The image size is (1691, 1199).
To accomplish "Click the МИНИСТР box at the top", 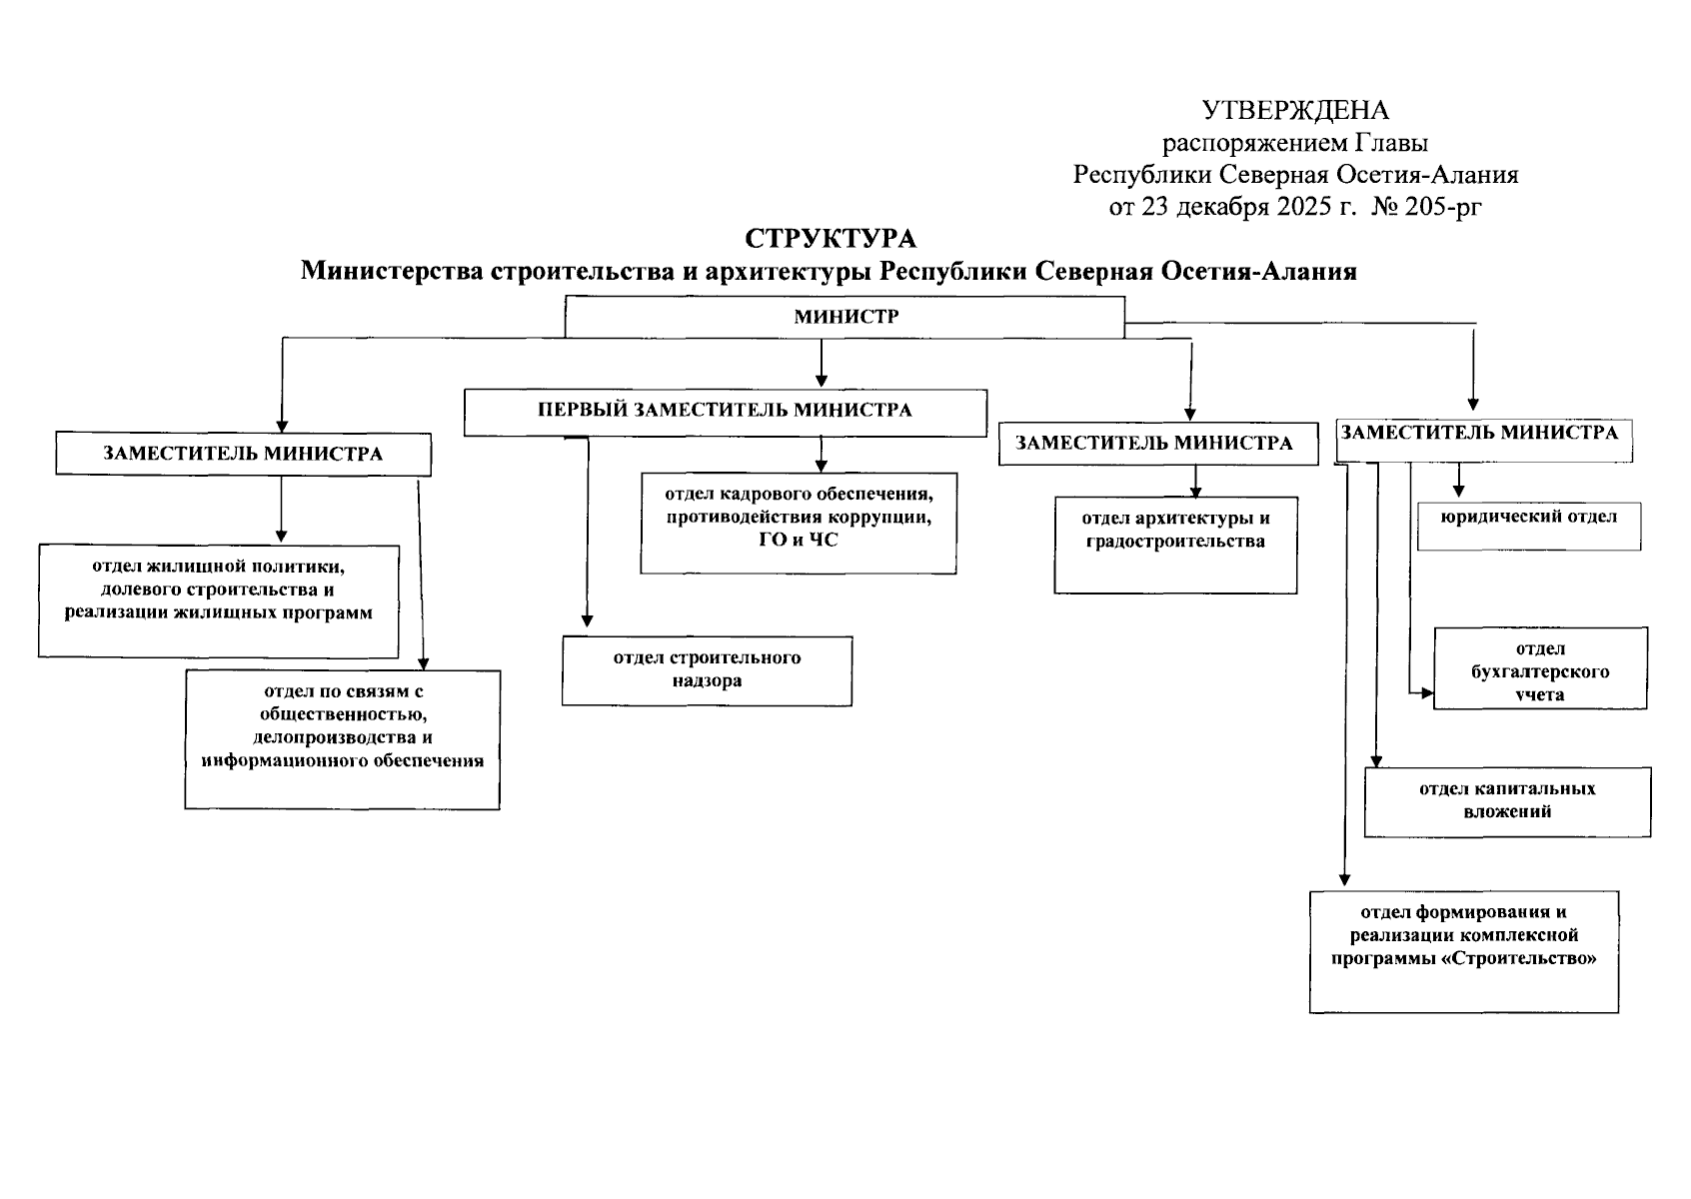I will [845, 317].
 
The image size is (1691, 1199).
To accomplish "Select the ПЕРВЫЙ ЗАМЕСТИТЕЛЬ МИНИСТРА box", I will [725, 411].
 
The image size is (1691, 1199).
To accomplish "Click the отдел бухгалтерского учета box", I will [1539, 668].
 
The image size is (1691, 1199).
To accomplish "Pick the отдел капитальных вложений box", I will [1506, 801].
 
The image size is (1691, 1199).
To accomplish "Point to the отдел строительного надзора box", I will [707, 670].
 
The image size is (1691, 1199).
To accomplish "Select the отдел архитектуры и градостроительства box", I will [1175, 545].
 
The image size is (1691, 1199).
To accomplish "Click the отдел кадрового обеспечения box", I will [798, 523].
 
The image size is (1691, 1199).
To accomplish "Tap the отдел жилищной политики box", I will [218, 600].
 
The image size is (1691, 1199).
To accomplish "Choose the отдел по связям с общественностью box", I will [342, 739].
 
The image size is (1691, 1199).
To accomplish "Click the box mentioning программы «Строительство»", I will [1463, 951].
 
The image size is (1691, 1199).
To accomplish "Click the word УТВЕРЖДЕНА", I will [1295, 110].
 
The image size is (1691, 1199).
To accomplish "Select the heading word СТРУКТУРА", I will [830, 239].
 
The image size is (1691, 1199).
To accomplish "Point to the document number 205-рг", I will [1443, 208].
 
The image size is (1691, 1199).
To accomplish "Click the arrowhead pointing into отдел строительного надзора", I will [587, 619].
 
